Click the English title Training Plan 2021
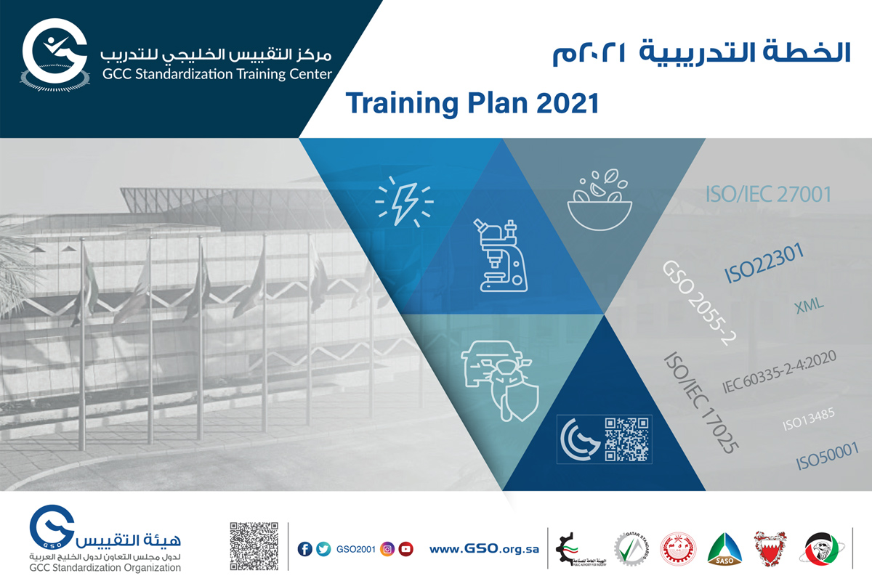[x=472, y=103]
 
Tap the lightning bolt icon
[x=403, y=200]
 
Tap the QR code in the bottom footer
[x=254, y=545]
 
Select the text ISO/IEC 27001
[x=768, y=195]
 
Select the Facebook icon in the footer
[x=305, y=549]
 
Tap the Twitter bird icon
[x=323, y=549]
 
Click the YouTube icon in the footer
[x=405, y=549]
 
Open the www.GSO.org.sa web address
[x=484, y=549]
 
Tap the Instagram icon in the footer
[x=388, y=549]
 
